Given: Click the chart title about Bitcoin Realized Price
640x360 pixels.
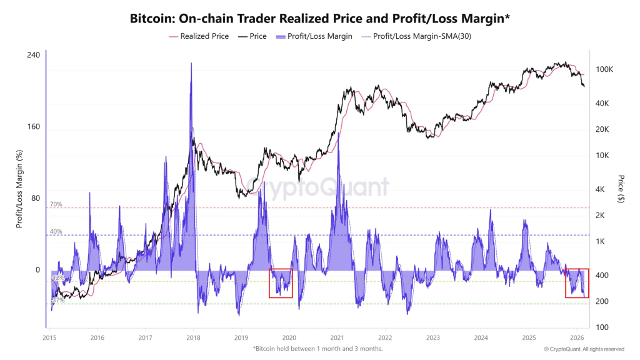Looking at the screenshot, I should [x=320, y=19].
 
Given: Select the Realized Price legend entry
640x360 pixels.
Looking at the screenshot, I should [x=199, y=36].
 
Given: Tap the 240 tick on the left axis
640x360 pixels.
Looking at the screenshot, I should [x=33, y=55].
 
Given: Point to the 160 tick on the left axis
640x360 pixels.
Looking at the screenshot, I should [x=33, y=127].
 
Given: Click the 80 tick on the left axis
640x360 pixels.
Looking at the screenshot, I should [x=35, y=199].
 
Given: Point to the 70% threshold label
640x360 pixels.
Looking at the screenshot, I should [x=56, y=204].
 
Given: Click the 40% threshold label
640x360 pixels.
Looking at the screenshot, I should [x=56, y=232].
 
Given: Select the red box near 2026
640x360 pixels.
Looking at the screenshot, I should [x=576, y=283].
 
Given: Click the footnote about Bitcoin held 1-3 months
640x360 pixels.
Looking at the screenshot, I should [x=317, y=348].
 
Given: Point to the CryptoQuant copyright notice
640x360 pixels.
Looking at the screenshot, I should [x=584, y=349].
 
